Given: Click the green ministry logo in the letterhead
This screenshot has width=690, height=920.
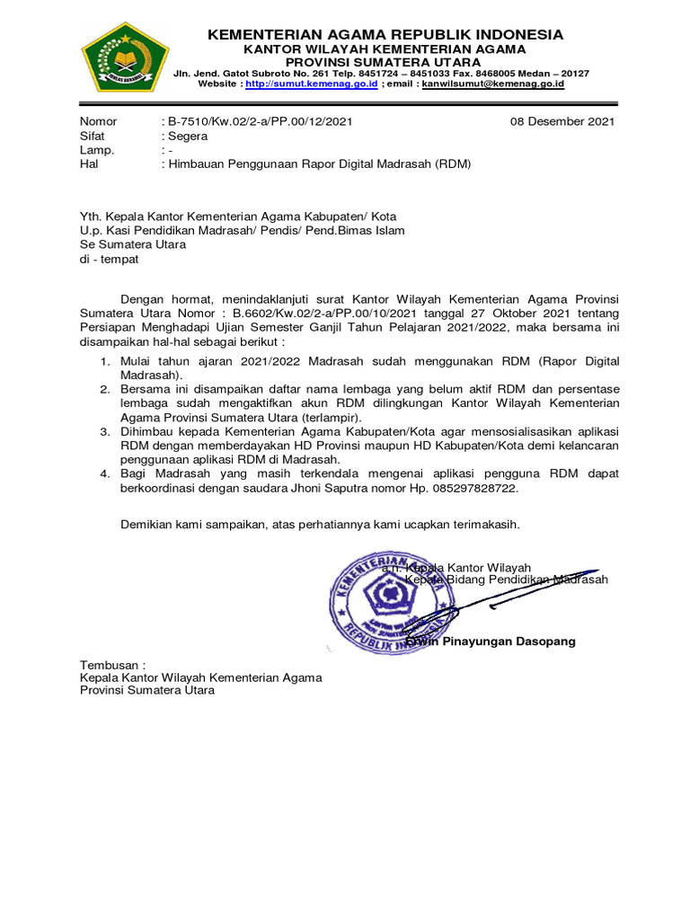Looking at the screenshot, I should [x=125, y=56].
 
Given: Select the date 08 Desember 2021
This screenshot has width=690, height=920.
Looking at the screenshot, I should [x=562, y=122].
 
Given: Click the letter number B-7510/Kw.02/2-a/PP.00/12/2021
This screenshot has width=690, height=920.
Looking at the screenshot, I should [x=261, y=122].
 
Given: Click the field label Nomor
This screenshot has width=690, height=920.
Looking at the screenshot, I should [x=99, y=122].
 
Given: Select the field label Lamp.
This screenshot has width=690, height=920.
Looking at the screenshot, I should [x=97, y=151].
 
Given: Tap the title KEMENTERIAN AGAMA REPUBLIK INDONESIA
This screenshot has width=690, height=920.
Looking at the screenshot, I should [x=385, y=35].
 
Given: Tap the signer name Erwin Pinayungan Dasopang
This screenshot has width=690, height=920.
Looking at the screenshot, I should [x=491, y=642].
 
